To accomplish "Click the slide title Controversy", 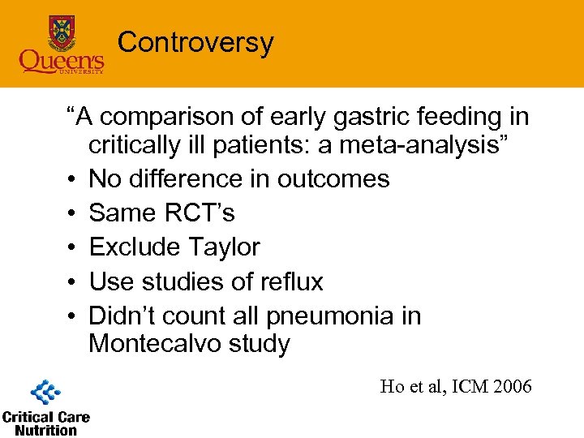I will point(195,42).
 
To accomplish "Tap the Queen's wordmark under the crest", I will point(62,60).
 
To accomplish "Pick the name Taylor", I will point(222,247).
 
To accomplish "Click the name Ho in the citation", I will point(391,386).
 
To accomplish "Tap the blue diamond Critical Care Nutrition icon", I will point(45,393).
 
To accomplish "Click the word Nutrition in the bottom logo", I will point(45,430).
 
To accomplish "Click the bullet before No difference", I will point(73,179).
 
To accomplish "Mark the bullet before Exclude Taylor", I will point(73,247).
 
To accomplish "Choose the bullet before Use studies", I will point(73,281).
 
